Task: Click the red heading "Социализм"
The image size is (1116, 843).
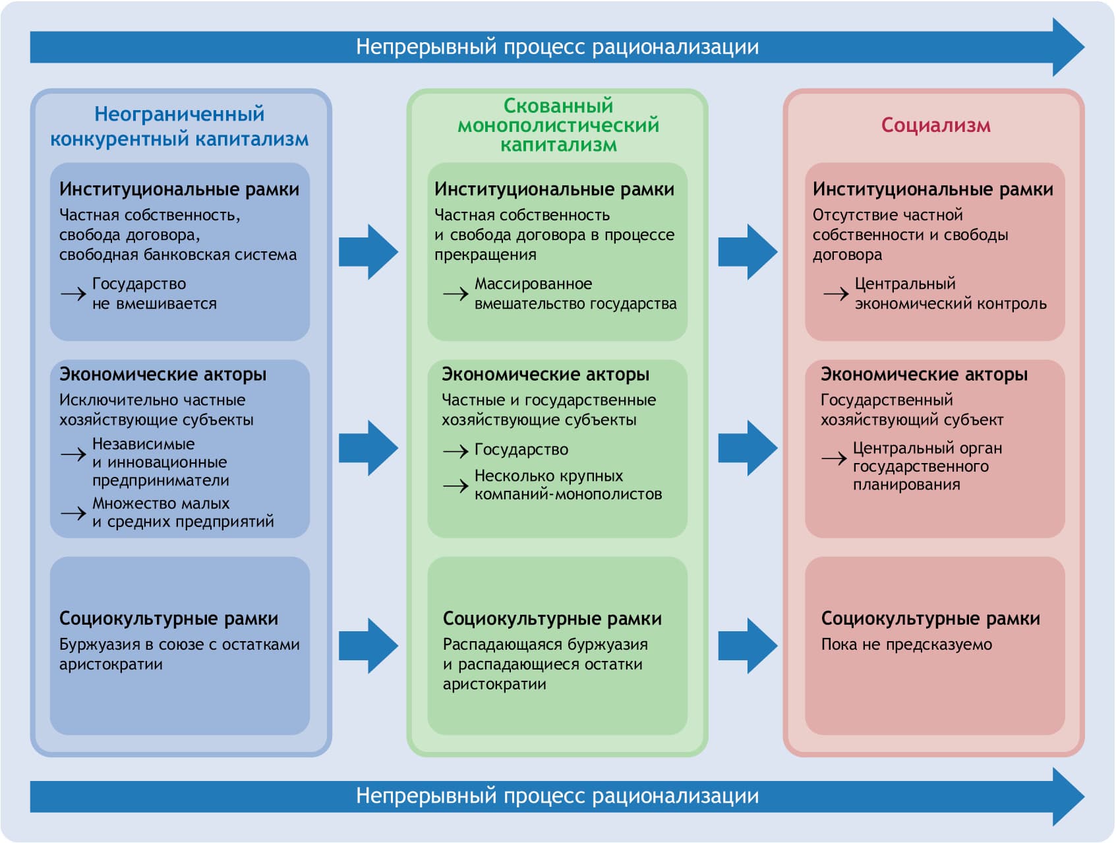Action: point(935,125)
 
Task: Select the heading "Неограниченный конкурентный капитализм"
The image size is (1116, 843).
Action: point(179,126)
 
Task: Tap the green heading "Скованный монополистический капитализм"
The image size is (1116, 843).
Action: point(558,125)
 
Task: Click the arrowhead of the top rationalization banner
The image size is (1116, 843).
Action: point(1068,47)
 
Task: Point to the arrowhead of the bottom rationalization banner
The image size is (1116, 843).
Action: point(1068,796)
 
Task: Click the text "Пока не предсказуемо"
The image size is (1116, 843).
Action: point(906,644)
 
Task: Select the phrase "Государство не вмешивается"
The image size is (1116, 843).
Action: point(154,294)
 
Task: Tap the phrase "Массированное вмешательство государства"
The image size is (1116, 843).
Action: point(575,294)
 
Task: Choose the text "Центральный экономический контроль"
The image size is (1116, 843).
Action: point(950,294)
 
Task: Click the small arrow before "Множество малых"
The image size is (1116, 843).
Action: point(73,513)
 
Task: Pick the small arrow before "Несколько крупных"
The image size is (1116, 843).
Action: point(455,486)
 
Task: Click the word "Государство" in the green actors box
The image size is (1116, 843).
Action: point(521,450)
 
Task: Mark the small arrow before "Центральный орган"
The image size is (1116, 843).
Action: point(834,458)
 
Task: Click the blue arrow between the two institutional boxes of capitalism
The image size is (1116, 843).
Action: point(368,252)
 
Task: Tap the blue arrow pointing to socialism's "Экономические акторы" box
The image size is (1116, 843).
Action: point(748,448)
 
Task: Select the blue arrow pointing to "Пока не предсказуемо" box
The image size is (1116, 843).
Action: point(748,645)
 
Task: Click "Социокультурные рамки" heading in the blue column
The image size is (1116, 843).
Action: point(169,619)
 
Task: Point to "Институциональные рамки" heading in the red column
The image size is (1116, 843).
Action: point(933,189)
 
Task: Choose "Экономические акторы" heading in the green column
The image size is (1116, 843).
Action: point(545,375)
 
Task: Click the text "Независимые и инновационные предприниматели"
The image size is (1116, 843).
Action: point(160,462)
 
